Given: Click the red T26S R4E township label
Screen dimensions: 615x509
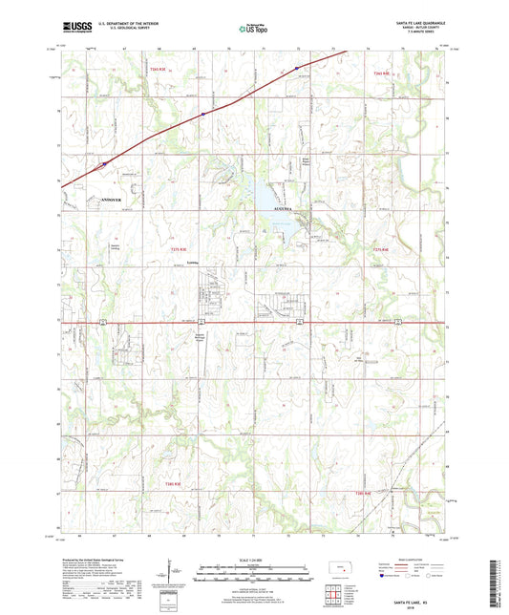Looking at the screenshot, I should click(x=381, y=72).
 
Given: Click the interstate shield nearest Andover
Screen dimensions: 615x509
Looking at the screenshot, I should click(x=102, y=163).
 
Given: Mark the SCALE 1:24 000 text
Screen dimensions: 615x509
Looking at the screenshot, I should click(x=254, y=559).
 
